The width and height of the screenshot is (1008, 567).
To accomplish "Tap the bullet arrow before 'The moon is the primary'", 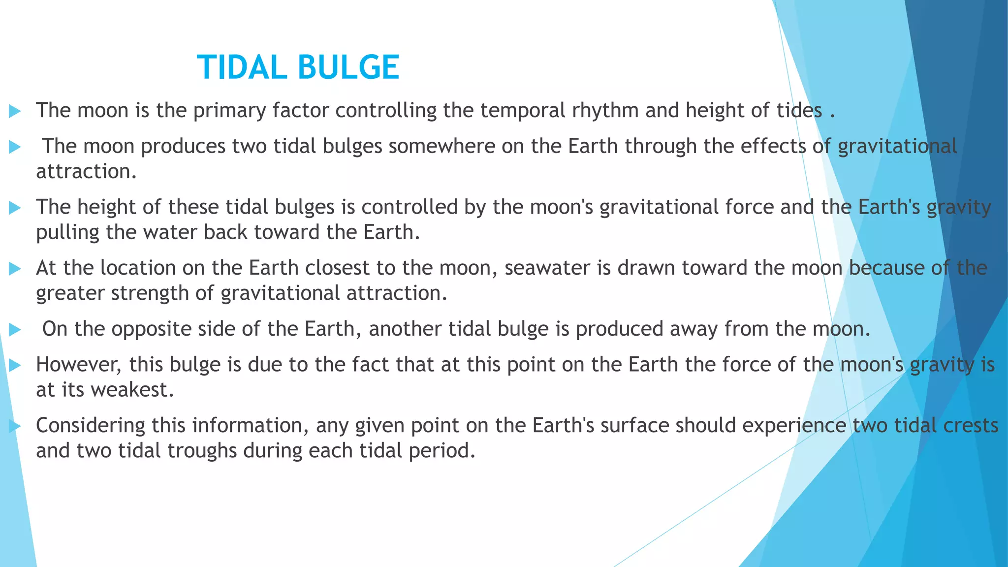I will click(15, 111).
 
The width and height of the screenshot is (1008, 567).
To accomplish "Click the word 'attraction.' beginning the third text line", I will click(86, 172).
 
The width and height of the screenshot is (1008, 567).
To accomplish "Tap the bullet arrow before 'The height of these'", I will click(15, 208).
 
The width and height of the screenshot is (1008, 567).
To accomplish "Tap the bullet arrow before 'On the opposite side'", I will click(15, 330).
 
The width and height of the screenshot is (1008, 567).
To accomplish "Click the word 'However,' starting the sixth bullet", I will click(79, 365).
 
